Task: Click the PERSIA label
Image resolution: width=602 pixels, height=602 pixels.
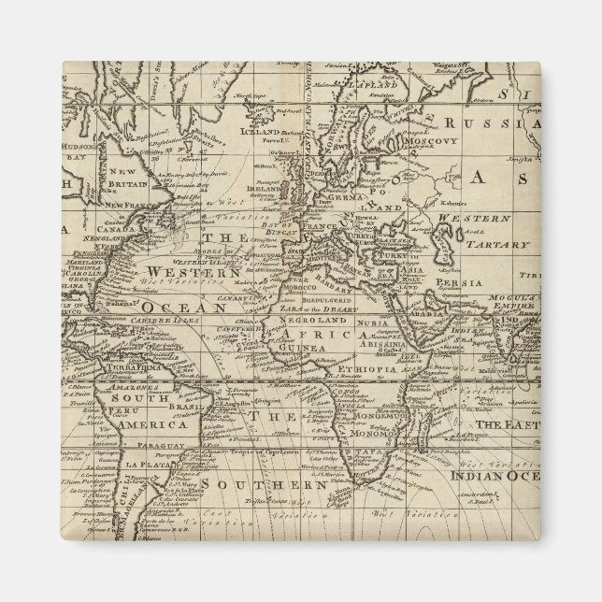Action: point(463,281)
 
